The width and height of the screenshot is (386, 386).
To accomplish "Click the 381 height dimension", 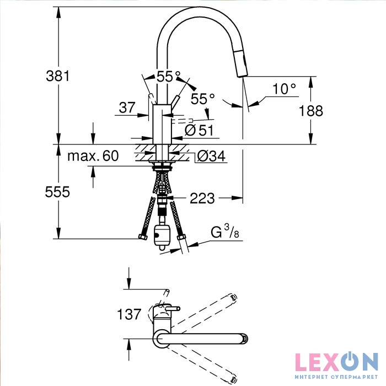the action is [58, 76].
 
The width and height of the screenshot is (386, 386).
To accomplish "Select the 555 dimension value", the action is [57, 192].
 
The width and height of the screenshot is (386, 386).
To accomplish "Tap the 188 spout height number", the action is [310, 110].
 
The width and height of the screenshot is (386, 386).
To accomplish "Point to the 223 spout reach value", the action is [202, 198].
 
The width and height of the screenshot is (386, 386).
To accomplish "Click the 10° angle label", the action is [284, 89].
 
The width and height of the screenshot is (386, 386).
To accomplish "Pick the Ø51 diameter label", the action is [199, 130].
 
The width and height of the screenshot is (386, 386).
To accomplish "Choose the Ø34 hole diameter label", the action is [211, 156].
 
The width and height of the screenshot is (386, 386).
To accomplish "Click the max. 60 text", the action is [93, 156].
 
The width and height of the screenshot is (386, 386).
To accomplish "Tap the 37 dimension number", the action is [127, 108].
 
